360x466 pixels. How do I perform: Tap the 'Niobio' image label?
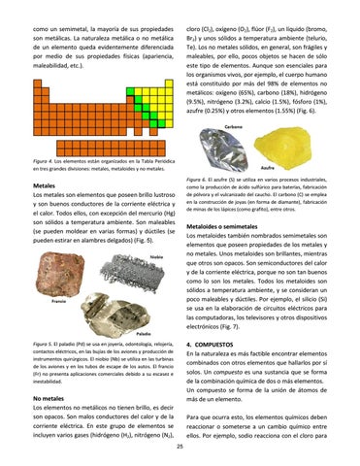pos(155,256)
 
